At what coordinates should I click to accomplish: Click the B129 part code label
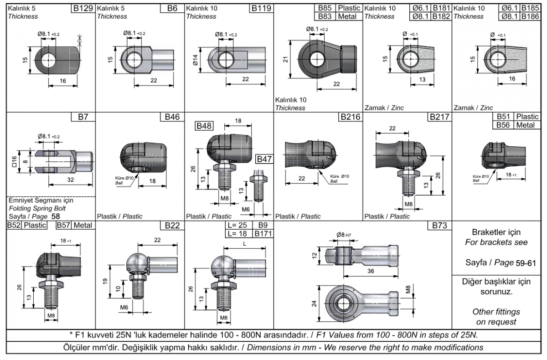tap(83, 8)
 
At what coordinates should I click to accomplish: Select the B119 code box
tap(261, 8)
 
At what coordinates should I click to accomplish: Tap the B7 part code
tap(83, 117)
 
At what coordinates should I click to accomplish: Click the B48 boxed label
tap(204, 126)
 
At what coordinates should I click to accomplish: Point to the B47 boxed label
tap(264, 159)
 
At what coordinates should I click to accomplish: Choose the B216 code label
tap(351, 117)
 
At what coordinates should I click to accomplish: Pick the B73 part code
tap(439, 226)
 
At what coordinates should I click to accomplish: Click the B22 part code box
tap(172, 226)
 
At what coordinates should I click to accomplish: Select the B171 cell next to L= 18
tap(263, 234)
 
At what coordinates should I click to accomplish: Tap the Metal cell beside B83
tap(349, 16)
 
